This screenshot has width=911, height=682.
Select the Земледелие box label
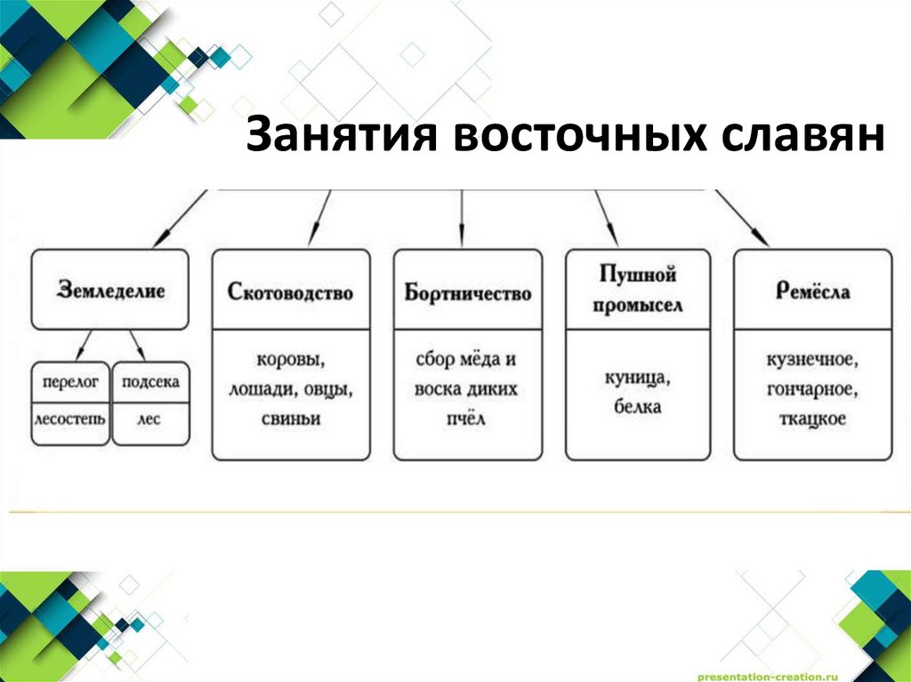pyautogui.click(x=111, y=291)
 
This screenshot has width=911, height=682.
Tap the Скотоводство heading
pyautogui.click(x=291, y=293)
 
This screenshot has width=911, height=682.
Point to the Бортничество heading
pyautogui.click(x=468, y=293)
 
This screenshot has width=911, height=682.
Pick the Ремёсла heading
pyautogui.click(x=811, y=291)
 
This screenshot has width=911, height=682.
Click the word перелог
pyautogui.click(x=70, y=382)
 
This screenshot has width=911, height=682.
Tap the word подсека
pyautogui.click(x=150, y=382)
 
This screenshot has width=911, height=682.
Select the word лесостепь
pyautogui.click(x=70, y=419)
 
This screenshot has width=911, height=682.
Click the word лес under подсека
pyautogui.click(x=149, y=419)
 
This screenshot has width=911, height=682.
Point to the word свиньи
pyautogui.click(x=291, y=420)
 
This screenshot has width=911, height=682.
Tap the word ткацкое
pyautogui.click(x=812, y=420)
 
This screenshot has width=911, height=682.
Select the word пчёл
pyautogui.click(x=467, y=420)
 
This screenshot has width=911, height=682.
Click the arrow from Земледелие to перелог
pyautogui.click(x=84, y=346)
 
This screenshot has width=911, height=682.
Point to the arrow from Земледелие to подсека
pyautogui.click(x=136, y=346)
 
